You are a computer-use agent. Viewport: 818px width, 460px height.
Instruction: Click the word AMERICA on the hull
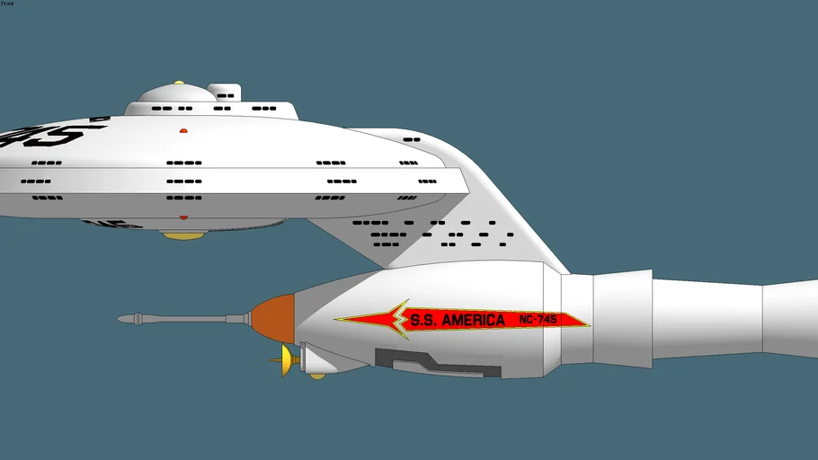point(470,320)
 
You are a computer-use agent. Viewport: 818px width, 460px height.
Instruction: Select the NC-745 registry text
point(545,320)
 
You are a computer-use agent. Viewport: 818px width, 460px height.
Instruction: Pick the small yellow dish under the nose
point(286,361)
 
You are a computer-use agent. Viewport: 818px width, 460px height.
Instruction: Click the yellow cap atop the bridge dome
point(179,84)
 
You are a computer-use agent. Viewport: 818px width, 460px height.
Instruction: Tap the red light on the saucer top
point(183,131)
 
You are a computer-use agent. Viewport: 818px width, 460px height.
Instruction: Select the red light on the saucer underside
point(183,217)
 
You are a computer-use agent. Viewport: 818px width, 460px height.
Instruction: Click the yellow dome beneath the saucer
point(183,235)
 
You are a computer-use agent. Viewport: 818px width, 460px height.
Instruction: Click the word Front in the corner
point(7,4)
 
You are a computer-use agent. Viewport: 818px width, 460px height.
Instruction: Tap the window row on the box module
point(226,94)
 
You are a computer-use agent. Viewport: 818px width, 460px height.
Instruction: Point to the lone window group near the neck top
point(412,140)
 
